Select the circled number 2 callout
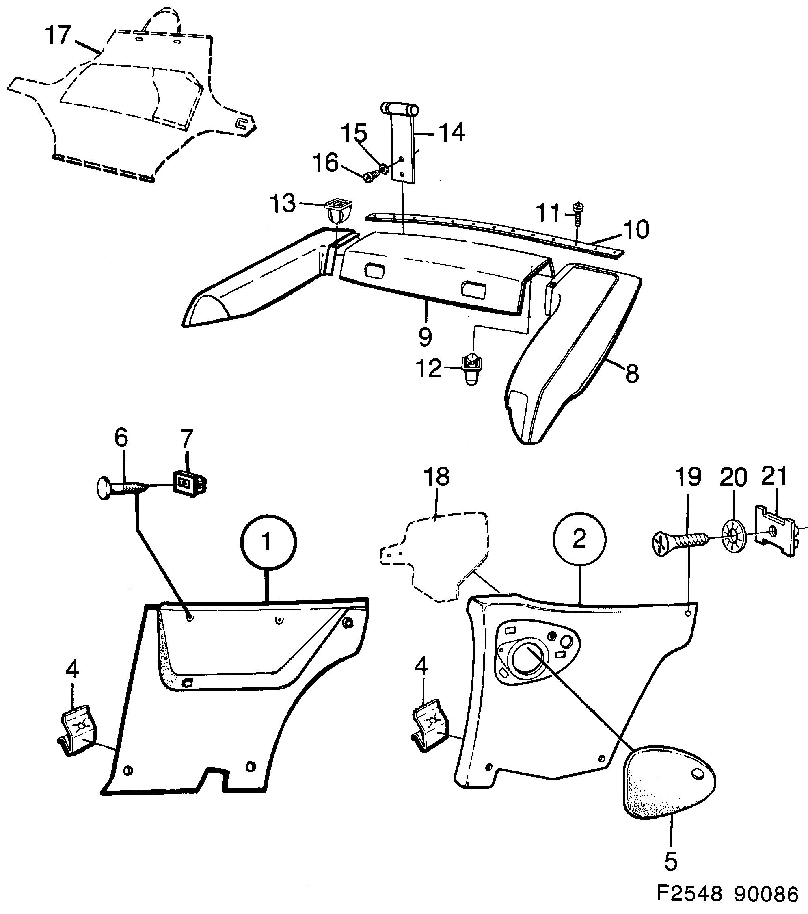[579, 539]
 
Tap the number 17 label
[58, 35]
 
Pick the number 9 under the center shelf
[425, 336]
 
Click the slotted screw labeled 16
[372, 178]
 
